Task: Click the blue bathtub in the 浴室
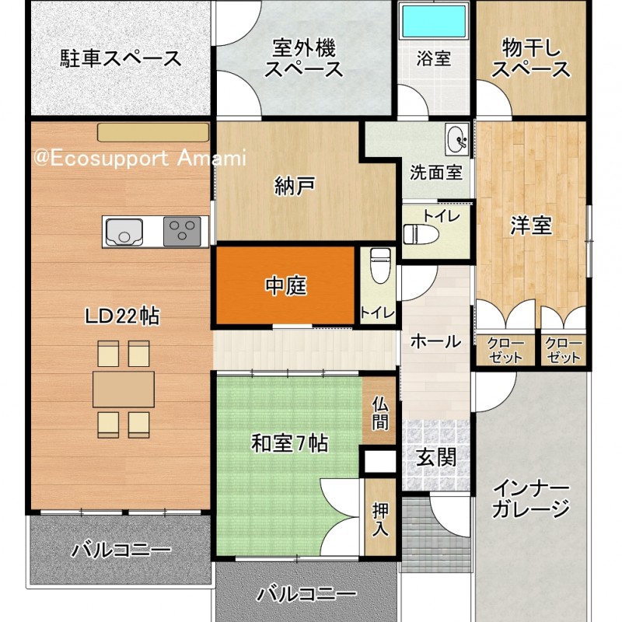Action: [434, 21]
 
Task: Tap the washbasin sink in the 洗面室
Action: [457, 141]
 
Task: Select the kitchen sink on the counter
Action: [124, 232]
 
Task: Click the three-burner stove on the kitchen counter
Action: [182, 231]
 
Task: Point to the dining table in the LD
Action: [124, 390]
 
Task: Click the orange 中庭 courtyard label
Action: [285, 285]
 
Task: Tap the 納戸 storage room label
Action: [295, 185]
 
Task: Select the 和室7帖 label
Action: [289, 443]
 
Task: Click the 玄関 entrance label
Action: [436, 457]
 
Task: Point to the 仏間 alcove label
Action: [380, 414]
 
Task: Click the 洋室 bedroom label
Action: [531, 225]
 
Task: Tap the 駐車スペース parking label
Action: [121, 58]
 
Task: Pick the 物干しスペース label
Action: [531, 58]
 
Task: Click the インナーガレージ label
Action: [531, 498]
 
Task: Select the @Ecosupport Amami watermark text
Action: [140, 159]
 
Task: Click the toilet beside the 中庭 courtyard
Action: [379, 265]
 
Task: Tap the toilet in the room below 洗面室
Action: [421, 234]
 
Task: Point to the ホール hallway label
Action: [435, 341]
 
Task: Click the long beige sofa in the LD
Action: [153, 132]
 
